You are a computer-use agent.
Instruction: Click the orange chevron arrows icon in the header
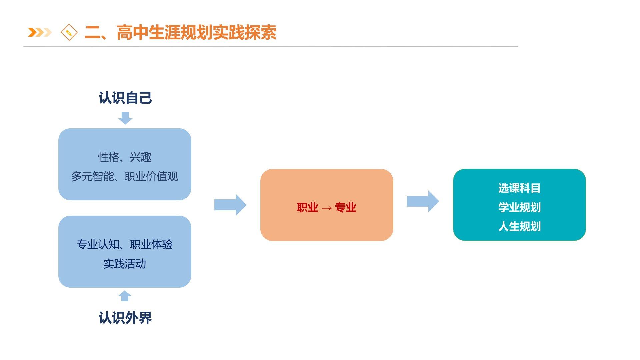pyautogui.click(x=40, y=32)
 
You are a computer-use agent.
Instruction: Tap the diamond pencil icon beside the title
pyautogui.click(x=69, y=33)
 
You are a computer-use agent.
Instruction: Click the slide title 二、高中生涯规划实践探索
pyautogui.click(x=180, y=33)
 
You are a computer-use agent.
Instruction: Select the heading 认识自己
pyautogui.click(x=125, y=98)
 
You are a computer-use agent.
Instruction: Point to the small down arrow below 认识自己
pyautogui.click(x=125, y=118)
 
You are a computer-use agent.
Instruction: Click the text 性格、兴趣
pyautogui.click(x=125, y=157)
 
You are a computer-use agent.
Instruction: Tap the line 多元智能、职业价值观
pyautogui.click(x=125, y=176)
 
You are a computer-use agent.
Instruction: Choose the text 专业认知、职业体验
pyautogui.click(x=125, y=245)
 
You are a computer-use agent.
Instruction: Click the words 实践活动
pyautogui.click(x=125, y=264)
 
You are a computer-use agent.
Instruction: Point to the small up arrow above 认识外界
pyautogui.click(x=125, y=296)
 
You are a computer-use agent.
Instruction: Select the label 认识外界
pyautogui.click(x=125, y=318)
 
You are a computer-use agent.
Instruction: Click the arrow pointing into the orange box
pyautogui.click(x=230, y=205)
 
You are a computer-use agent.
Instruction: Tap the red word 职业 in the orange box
pyautogui.click(x=307, y=208)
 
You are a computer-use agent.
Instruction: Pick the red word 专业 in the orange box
pyautogui.click(x=346, y=208)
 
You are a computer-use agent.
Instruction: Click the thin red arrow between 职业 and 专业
pyautogui.click(x=327, y=208)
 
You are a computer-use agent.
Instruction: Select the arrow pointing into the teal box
pyautogui.click(x=423, y=201)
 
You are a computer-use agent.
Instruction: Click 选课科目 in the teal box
pyautogui.click(x=519, y=188)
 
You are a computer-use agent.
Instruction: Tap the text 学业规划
pyautogui.click(x=519, y=207)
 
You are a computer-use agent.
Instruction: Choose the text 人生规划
pyautogui.click(x=519, y=227)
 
